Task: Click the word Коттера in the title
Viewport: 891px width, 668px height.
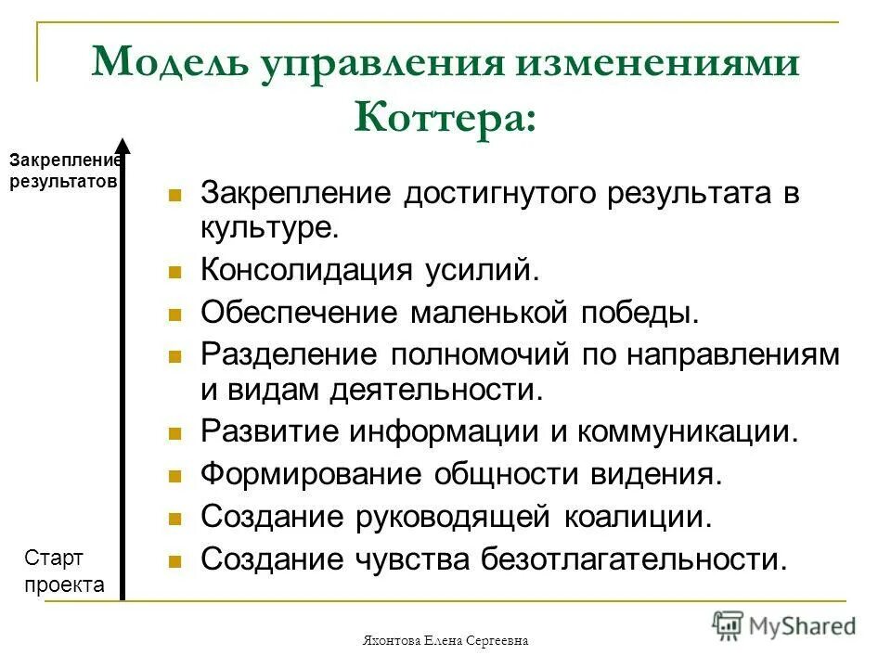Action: tap(445, 118)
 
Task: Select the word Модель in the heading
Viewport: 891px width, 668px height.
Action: tap(163, 63)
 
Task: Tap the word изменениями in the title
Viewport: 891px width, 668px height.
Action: tap(649, 63)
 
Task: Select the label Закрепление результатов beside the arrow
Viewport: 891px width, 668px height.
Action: tap(64, 171)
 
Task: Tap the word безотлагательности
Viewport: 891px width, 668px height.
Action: tap(633, 559)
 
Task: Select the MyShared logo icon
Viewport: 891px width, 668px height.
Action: tap(729, 624)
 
